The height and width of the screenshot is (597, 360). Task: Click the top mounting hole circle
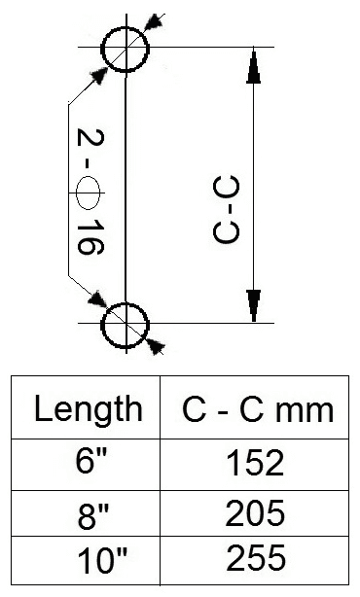click(102, 50)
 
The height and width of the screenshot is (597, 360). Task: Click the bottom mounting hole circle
click(102, 326)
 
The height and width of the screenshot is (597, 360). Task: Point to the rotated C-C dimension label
click(227, 209)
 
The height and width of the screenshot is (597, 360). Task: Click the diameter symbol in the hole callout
click(88, 193)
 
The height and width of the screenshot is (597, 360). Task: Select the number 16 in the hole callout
click(90, 237)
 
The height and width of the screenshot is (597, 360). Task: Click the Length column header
click(89, 408)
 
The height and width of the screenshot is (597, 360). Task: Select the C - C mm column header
click(258, 409)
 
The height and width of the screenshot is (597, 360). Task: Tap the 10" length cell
click(102, 561)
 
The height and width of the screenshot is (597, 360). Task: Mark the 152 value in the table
click(255, 462)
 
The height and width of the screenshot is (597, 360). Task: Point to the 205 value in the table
click(255, 512)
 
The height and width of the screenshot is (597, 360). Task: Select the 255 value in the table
click(256, 558)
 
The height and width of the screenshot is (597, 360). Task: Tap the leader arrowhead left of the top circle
click(98, 76)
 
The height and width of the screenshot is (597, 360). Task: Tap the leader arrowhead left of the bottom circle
click(97, 298)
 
